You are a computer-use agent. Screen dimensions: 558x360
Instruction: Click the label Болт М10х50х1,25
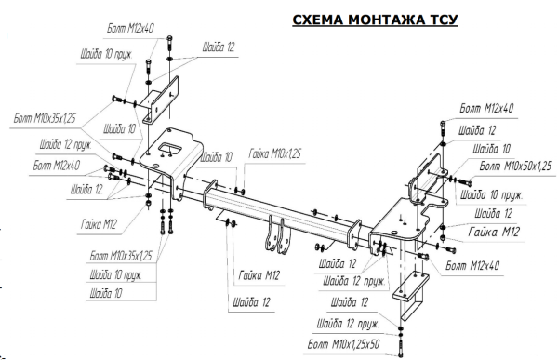(515, 166)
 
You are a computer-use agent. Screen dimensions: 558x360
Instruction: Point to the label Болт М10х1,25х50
(343, 344)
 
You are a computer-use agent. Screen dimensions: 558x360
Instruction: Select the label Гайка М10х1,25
(274, 153)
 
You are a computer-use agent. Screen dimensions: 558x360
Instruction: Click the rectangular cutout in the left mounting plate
(170, 148)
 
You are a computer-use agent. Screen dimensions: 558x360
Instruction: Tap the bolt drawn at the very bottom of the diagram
(401, 348)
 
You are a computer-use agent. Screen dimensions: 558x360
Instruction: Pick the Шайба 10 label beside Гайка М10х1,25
(217, 156)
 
